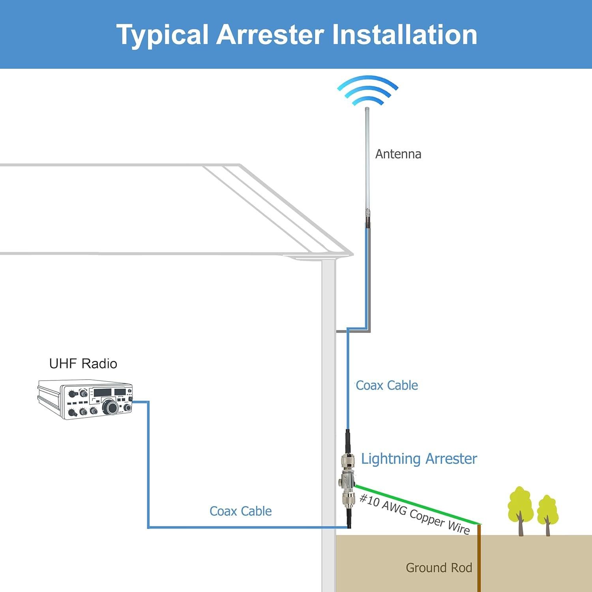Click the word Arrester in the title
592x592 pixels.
270,35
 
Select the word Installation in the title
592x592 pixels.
405,35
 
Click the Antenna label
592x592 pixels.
398,154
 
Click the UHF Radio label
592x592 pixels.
83,363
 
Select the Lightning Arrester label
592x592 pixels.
419,459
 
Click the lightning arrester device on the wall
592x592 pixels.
347,481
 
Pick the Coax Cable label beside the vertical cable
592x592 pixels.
386,385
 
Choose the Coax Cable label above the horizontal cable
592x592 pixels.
240,511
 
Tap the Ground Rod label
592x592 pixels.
439,568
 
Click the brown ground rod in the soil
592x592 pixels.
479,560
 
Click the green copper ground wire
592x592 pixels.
418,505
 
